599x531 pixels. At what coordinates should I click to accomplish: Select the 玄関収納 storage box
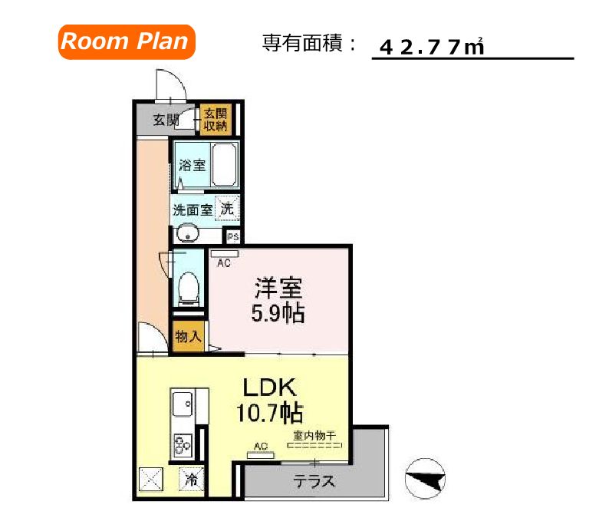[216, 120]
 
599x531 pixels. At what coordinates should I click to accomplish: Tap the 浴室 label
[192, 164]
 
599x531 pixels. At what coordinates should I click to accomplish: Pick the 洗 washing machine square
[227, 207]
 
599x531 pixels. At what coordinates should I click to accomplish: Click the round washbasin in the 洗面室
[187, 234]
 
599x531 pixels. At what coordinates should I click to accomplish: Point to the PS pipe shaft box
[232, 236]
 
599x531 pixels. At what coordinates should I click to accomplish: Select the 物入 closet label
[188, 336]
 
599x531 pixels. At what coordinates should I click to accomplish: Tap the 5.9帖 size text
[279, 313]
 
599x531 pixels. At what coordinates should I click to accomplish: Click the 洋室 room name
[278, 288]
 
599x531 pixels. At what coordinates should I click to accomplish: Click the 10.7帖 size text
[267, 414]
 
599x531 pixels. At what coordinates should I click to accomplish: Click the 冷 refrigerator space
[191, 481]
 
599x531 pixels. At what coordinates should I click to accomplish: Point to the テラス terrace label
[315, 481]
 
